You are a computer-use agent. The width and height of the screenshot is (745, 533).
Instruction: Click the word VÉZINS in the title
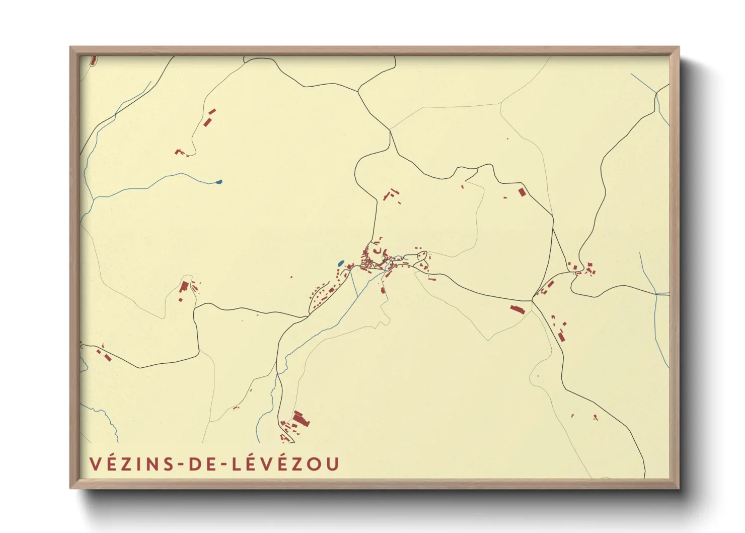click(130, 464)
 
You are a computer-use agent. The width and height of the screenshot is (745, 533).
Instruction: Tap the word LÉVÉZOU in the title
click(285, 464)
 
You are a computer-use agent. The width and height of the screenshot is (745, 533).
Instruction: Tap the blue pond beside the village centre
click(341, 263)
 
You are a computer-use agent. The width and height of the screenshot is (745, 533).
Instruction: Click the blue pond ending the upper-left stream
click(218, 182)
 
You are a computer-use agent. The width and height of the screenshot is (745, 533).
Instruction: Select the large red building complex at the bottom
click(301, 419)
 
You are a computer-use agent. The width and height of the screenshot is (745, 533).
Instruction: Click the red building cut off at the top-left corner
click(93, 61)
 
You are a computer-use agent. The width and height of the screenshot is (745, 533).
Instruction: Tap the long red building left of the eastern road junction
click(517, 309)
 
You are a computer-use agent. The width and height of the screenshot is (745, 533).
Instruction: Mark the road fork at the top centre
click(358, 91)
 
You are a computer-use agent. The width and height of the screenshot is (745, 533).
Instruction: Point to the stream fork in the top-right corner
click(656, 93)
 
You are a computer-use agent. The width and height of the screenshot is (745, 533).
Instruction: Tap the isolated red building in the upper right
click(521, 192)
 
